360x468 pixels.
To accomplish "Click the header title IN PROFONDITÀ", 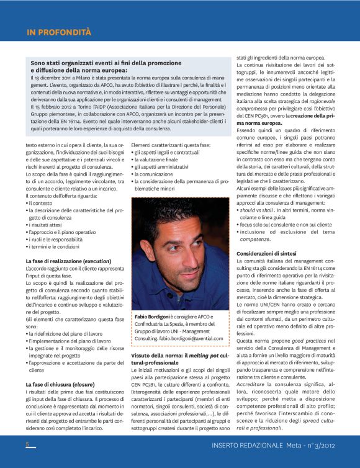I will [x=59, y=32].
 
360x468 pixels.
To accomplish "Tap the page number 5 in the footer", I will [x=28, y=444].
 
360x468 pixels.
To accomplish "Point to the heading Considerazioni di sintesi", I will [x=270, y=254].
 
